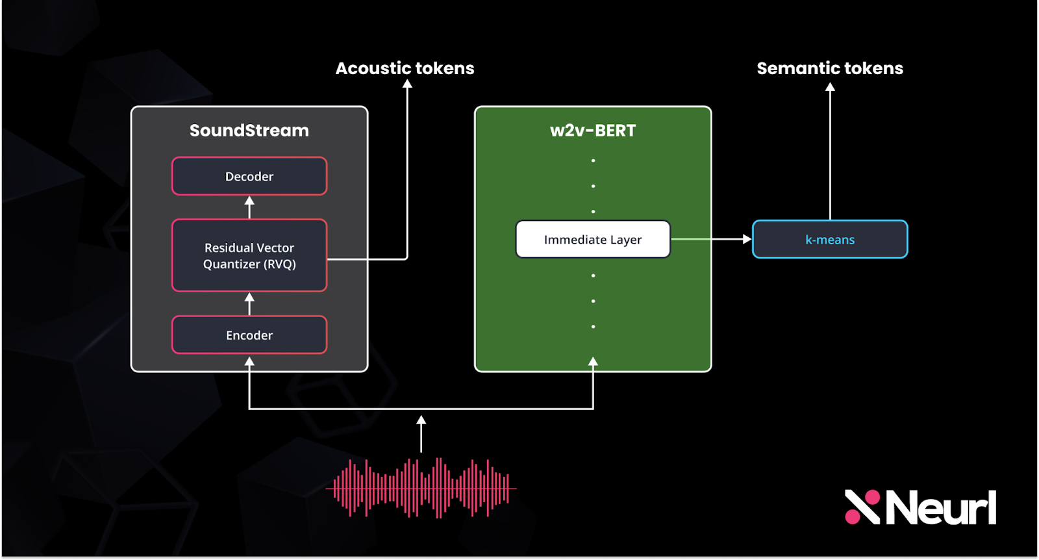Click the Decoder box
(249, 176)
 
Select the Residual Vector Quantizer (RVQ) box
(249, 255)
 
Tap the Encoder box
(249, 335)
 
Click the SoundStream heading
(249, 131)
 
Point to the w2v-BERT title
(593, 131)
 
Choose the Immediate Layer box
(593, 240)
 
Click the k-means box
(830, 240)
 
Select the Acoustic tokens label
(405, 68)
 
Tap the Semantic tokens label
(830, 68)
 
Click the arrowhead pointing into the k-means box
(747, 240)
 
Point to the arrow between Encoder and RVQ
(249, 303)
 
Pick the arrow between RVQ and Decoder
(249, 207)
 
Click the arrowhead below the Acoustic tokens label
(408, 84)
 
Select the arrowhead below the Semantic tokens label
(830, 87)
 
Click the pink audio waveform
(421, 488)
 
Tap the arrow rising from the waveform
(421, 433)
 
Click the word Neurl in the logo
(941, 508)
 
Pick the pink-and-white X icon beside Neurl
(862, 507)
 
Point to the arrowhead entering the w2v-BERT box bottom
(593, 362)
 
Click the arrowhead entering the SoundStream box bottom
(249, 362)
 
